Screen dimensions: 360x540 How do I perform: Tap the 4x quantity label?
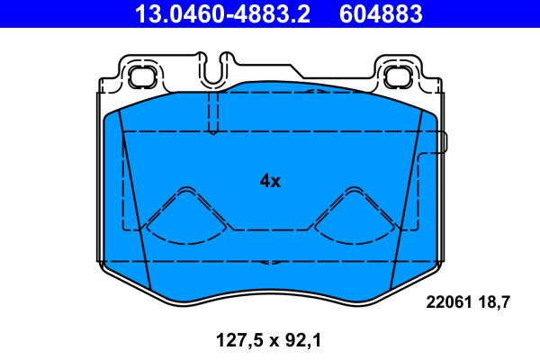[270, 181]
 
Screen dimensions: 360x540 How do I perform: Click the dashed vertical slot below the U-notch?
[212, 112]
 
